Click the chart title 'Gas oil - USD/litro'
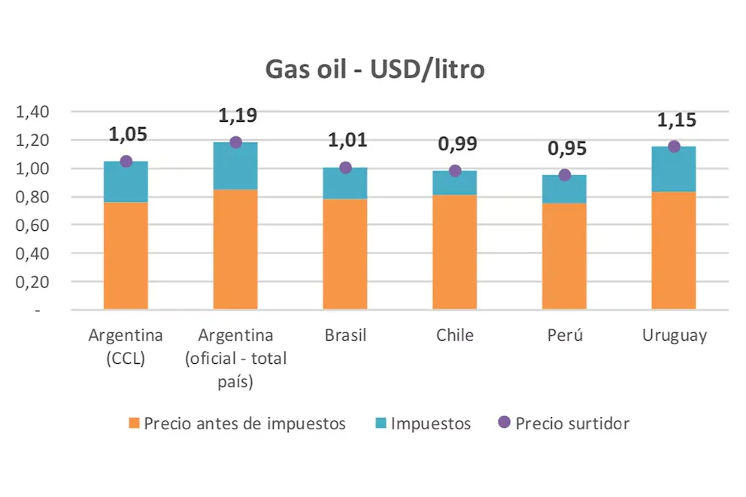coord(375,69)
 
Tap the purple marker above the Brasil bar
coord(345,168)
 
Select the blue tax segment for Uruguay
coord(674,169)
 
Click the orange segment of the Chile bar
coord(454,252)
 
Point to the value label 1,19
coord(238,116)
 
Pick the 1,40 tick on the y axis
coord(32,112)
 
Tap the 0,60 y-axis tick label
coord(32,225)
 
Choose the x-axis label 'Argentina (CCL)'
coord(126,347)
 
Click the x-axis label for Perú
coord(565,335)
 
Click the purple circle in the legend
coord(504,423)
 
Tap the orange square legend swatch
coord(134,423)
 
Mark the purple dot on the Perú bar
coord(565,175)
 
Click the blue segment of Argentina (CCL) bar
coord(126,182)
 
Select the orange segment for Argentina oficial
coord(235,249)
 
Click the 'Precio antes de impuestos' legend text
coord(244,423)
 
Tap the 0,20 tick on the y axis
coord(32,281)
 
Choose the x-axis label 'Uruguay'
coord(675,335)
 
